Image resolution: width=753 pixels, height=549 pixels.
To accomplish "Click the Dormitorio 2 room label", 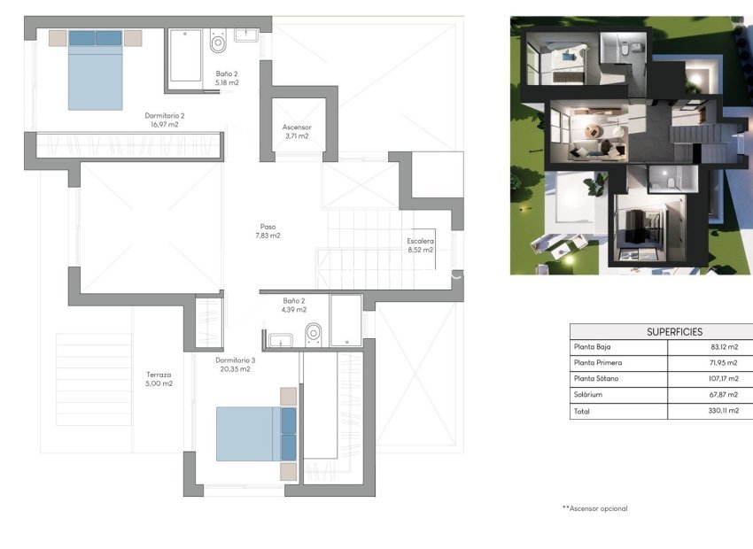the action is pos(164,116).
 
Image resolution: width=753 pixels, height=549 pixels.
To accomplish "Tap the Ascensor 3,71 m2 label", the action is pos(297,131).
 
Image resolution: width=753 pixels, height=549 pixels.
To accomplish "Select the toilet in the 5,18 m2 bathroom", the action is pos(218,41).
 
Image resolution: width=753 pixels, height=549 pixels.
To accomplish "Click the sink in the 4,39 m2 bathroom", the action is pos(281,340).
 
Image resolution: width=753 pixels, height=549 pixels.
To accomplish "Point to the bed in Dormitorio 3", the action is pos(256,434).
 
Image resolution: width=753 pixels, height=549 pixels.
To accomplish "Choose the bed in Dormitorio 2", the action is pos(95,70).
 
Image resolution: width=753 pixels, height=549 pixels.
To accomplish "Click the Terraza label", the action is pos(159,375).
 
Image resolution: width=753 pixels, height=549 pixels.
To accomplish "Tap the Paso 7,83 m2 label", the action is pos(268,231).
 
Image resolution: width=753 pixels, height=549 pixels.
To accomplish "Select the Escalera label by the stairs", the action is pos(420,241).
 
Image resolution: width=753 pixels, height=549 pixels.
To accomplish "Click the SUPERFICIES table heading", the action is pos(674,331).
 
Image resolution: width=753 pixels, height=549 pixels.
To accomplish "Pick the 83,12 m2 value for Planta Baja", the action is pos(724,346).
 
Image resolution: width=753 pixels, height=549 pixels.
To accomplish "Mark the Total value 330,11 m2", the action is pos(723,410).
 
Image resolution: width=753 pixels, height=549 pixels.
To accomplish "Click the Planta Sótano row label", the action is pos(596,378).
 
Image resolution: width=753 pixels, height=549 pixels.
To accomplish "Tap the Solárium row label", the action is pos(588,394).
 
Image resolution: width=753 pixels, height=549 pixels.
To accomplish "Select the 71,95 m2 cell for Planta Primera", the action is pos(724,363).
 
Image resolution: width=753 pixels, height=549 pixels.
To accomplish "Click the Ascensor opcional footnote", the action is pos(595,508).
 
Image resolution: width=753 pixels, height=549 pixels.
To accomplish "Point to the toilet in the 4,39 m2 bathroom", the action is pos(314,334).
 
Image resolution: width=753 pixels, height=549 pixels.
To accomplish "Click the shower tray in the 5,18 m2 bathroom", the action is pos(185,56).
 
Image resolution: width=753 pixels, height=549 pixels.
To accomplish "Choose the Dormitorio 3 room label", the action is pos(236,360).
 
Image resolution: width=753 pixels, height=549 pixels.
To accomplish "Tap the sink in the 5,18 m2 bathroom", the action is pos(246,35).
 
